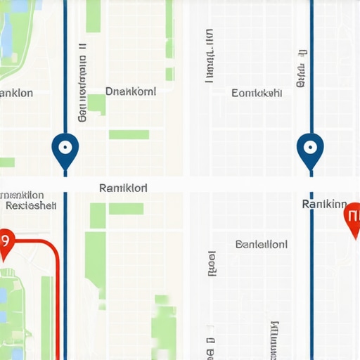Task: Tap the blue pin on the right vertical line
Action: click(309, 150)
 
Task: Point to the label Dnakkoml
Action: click(130, 91)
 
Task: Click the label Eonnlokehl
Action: click(257, 92)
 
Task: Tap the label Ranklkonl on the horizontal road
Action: click(124, 188)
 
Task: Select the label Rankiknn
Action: click(324, 205)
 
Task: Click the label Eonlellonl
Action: click(262, 245)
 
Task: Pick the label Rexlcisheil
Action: click(30, 206)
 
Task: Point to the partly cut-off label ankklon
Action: click(16, 93)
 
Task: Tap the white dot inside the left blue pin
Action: click(65, 148)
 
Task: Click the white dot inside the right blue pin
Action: click(309, 147)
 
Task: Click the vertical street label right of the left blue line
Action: click(83, 84)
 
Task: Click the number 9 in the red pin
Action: click(4, 240)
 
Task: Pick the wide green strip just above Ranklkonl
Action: click(129, 134)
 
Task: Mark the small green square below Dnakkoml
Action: click(96, 104)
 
